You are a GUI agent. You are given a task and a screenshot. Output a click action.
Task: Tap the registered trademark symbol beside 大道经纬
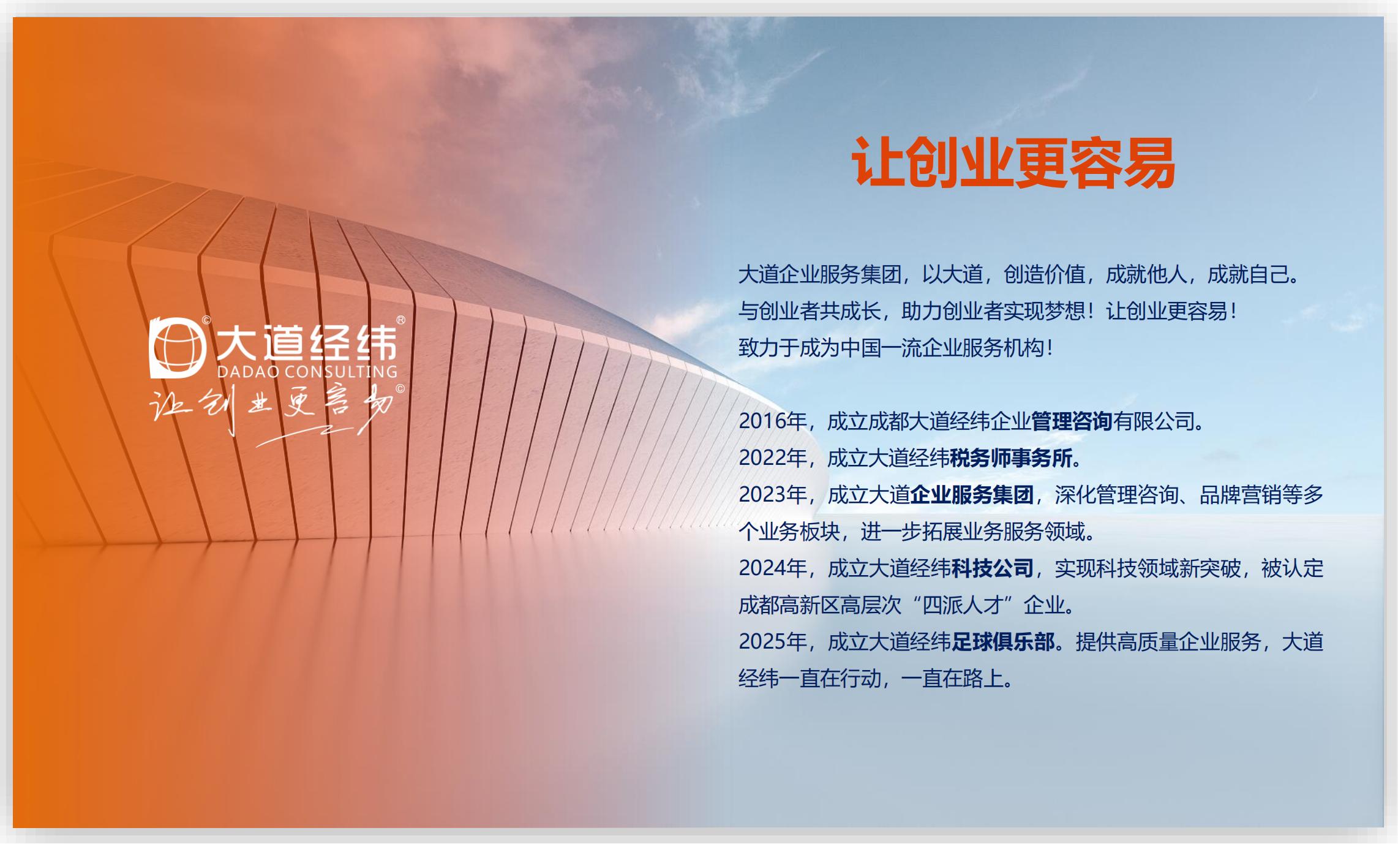click(x=401, y=320)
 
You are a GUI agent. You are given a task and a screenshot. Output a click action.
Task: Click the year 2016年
click(x=773, y=421)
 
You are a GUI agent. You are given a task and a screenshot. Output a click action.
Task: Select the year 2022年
click(x=773, y=458)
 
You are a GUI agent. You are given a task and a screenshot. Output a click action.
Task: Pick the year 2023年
click(x=773, y=495)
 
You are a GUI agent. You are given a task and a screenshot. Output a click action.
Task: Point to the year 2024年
click(x=773, y=568)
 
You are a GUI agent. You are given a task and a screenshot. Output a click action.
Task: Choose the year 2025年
click(x=773, y=642)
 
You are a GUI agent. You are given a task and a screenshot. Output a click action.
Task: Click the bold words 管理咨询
click(x=1072, y=421)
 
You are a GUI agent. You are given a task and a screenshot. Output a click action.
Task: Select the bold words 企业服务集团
click(x=972, y=495)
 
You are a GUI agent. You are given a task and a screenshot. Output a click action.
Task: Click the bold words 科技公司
click(x=993, y=568)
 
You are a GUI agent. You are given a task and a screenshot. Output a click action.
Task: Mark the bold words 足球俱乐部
click(x=1003, y=642)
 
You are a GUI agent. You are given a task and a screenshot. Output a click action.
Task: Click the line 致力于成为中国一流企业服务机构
click(x=896, y=348)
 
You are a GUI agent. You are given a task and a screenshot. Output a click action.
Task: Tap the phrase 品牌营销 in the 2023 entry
click(x=1241, y=495)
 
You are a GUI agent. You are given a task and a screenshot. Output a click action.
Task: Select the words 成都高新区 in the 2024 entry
click(x=789, y=605)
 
